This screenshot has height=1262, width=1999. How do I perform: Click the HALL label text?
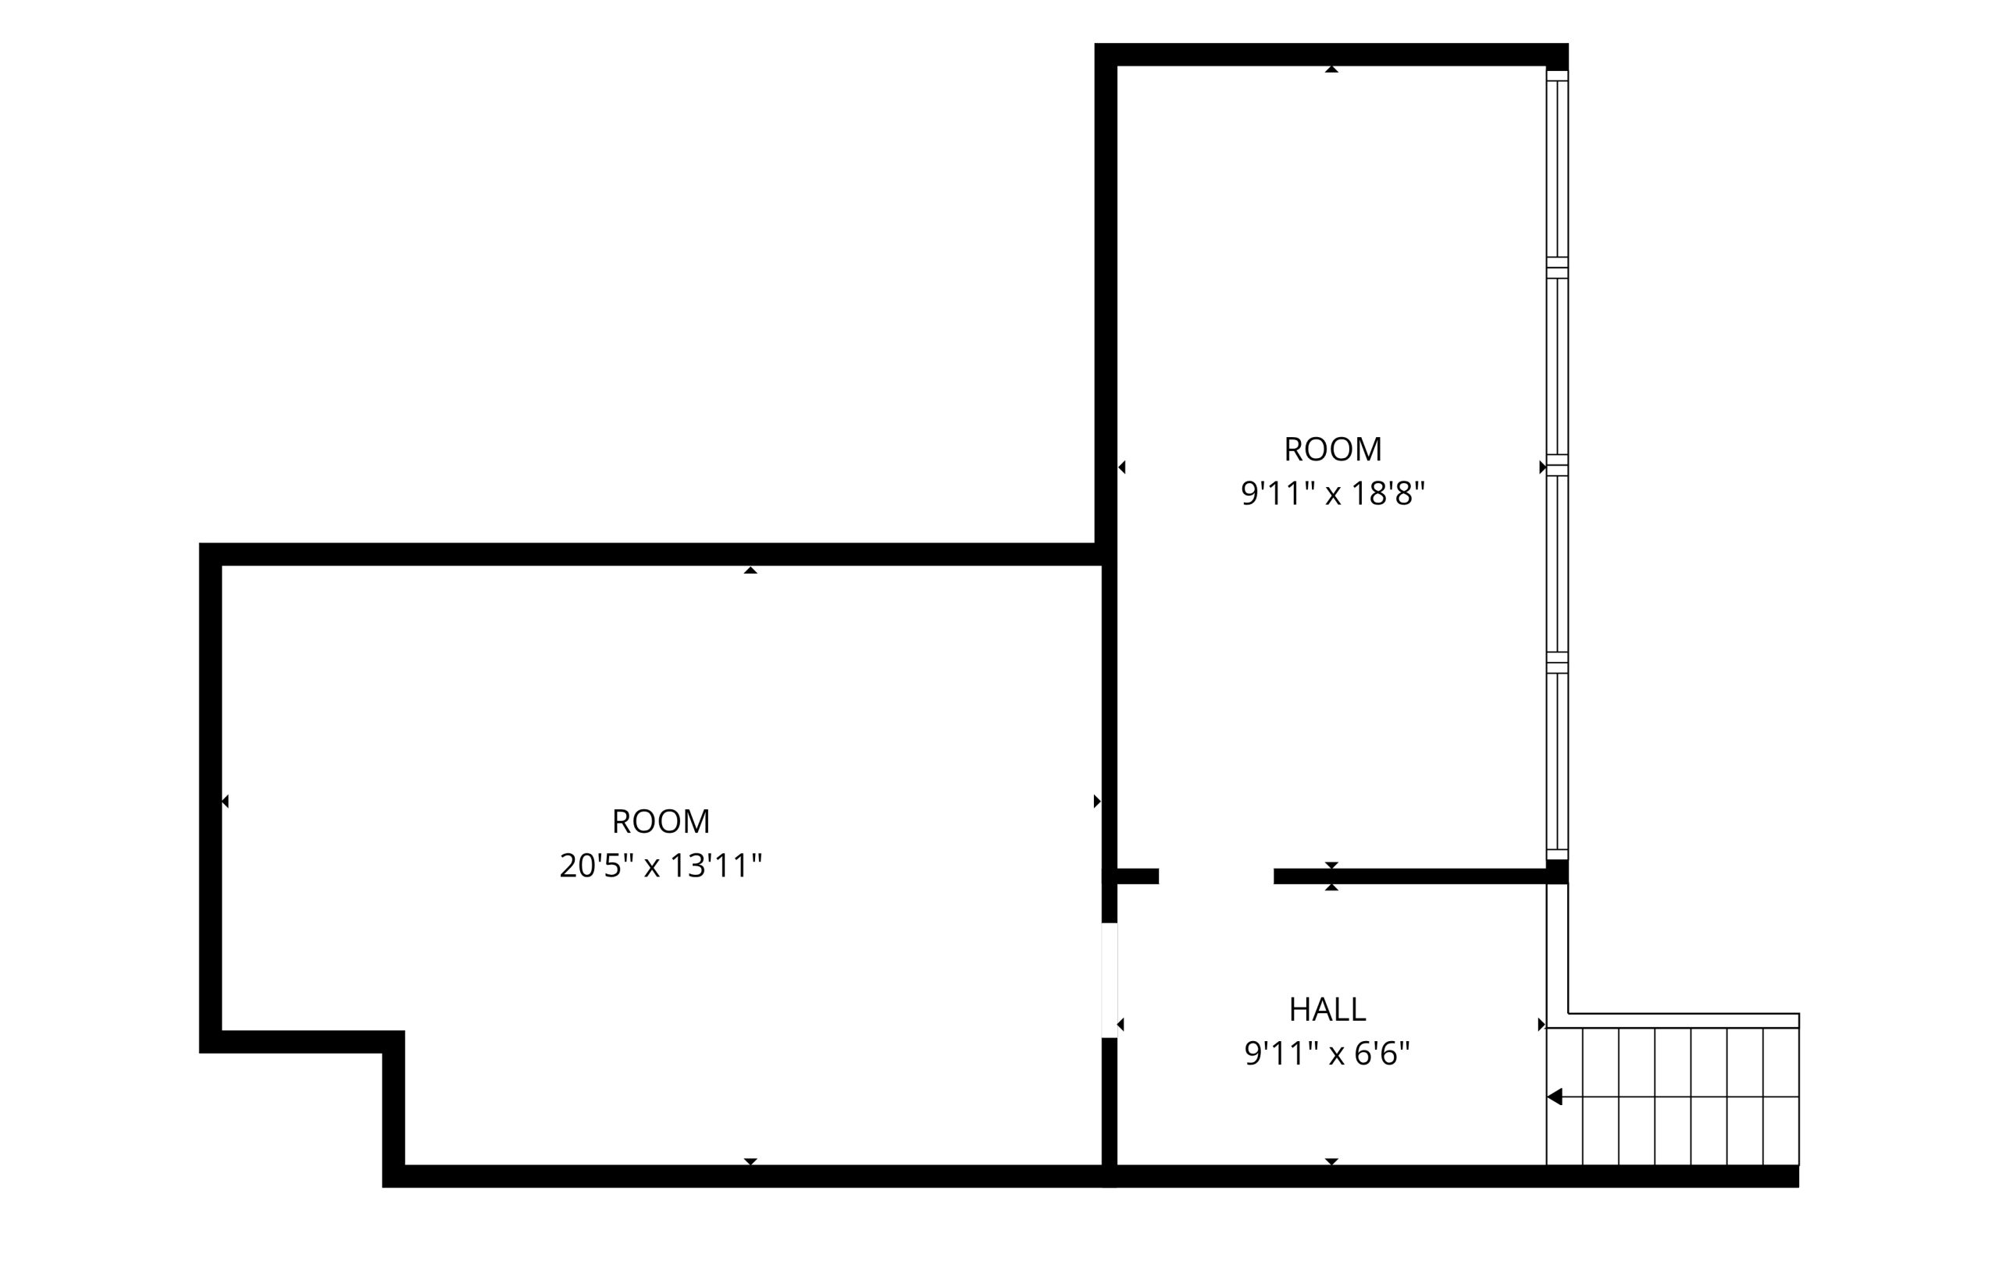[1327, 1009]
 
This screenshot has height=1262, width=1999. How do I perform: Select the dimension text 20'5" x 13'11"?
[661, 866]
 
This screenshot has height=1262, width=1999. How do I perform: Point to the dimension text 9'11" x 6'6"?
[1327, 1054]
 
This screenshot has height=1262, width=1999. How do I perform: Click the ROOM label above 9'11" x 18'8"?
[1332, 449]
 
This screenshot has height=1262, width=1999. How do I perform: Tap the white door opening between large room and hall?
[1109, 980]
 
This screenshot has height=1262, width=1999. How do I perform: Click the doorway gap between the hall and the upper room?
[1216, 876]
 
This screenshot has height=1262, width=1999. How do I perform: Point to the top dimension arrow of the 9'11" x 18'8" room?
[1331, 69]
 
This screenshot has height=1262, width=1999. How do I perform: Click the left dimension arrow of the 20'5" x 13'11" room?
[225, 801]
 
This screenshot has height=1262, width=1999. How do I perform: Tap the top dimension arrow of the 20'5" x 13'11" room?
[750, 570]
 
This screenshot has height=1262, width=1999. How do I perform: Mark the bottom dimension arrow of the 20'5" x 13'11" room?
[750, 1161]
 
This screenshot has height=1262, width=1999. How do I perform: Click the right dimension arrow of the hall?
[1541, 1025]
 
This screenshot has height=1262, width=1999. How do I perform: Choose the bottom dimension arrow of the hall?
[1331, 1161]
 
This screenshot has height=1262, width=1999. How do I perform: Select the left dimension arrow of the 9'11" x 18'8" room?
[1121, 467]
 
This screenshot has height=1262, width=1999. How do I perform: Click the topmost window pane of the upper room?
[1556, 169]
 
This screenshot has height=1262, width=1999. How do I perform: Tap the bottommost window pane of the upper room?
[1556, 762]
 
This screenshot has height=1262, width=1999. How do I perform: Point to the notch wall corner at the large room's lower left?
[394, 1042]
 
